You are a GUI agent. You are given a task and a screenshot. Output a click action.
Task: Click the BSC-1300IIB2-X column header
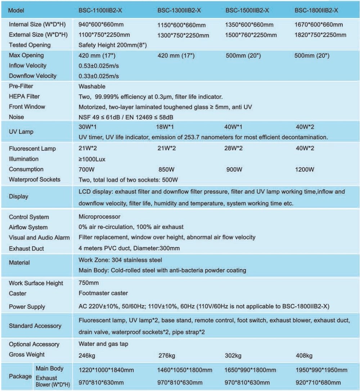[179, 10]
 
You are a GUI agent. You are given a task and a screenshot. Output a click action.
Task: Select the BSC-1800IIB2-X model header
[316, 10]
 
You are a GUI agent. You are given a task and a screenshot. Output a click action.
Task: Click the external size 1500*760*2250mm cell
[251, 35]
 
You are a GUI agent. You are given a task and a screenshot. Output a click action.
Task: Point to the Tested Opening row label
[30, 45]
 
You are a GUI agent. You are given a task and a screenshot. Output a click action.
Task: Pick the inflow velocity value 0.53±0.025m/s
[98, 66]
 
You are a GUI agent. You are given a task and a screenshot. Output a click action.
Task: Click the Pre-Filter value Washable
[92, 87]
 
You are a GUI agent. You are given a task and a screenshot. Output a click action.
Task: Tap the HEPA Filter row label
[24, 97]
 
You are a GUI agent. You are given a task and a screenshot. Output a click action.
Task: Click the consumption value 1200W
[305, 169]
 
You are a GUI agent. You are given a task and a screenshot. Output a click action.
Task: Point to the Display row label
[18, 197]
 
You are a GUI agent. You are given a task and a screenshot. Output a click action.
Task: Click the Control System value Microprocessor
[99, 217]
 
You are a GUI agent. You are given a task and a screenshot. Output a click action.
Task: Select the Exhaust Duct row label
[26, 248]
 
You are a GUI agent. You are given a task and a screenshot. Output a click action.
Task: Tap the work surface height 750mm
[88, 283]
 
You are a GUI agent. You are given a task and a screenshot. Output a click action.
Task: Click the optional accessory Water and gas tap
[103, 344]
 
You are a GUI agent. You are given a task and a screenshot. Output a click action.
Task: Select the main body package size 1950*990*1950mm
[321, 370]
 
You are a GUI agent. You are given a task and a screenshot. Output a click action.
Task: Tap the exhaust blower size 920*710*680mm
[318, 383]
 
